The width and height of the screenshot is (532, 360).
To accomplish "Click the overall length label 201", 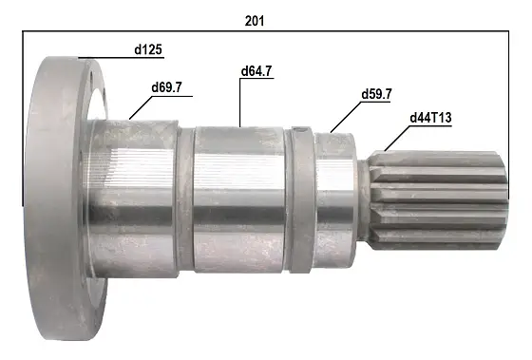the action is [255, 21].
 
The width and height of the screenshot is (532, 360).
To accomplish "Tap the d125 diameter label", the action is [148, 50].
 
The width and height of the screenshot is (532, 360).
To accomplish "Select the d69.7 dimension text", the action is [166, 87].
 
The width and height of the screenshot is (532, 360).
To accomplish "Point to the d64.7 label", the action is [256, 71].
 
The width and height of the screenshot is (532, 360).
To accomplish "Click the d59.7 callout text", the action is [376, 94].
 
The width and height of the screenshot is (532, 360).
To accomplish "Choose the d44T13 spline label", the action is [430, 118].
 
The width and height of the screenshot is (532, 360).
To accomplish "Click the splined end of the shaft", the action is [438, 200].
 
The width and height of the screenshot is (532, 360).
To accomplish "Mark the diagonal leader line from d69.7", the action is [141, 107].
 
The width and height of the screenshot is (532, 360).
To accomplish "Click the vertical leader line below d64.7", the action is [239, 103].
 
